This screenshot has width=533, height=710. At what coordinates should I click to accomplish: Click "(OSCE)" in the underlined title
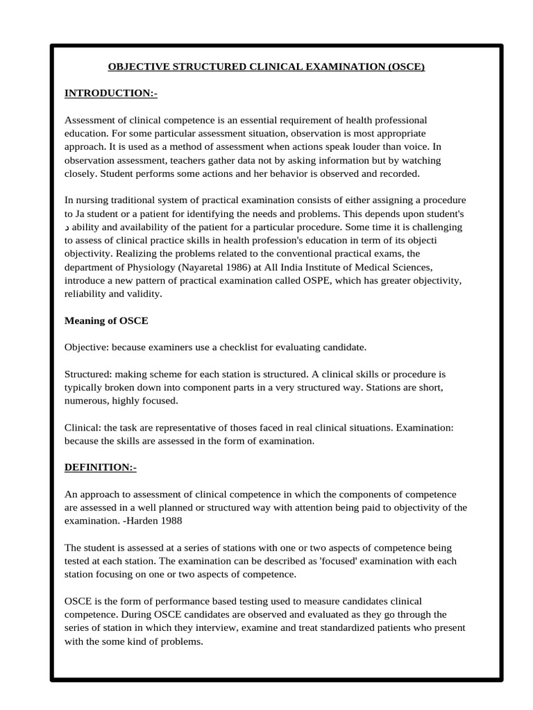click(x=404, y=67)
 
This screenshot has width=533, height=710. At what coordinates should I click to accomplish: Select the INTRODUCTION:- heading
click(x=111, y=93)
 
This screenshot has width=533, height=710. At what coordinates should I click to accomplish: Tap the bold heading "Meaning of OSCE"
click(x=106, y=320)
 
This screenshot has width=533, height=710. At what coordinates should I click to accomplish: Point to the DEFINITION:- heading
click(x=101, y=467)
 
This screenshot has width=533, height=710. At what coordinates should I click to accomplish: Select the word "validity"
click(x=142, y=293)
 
